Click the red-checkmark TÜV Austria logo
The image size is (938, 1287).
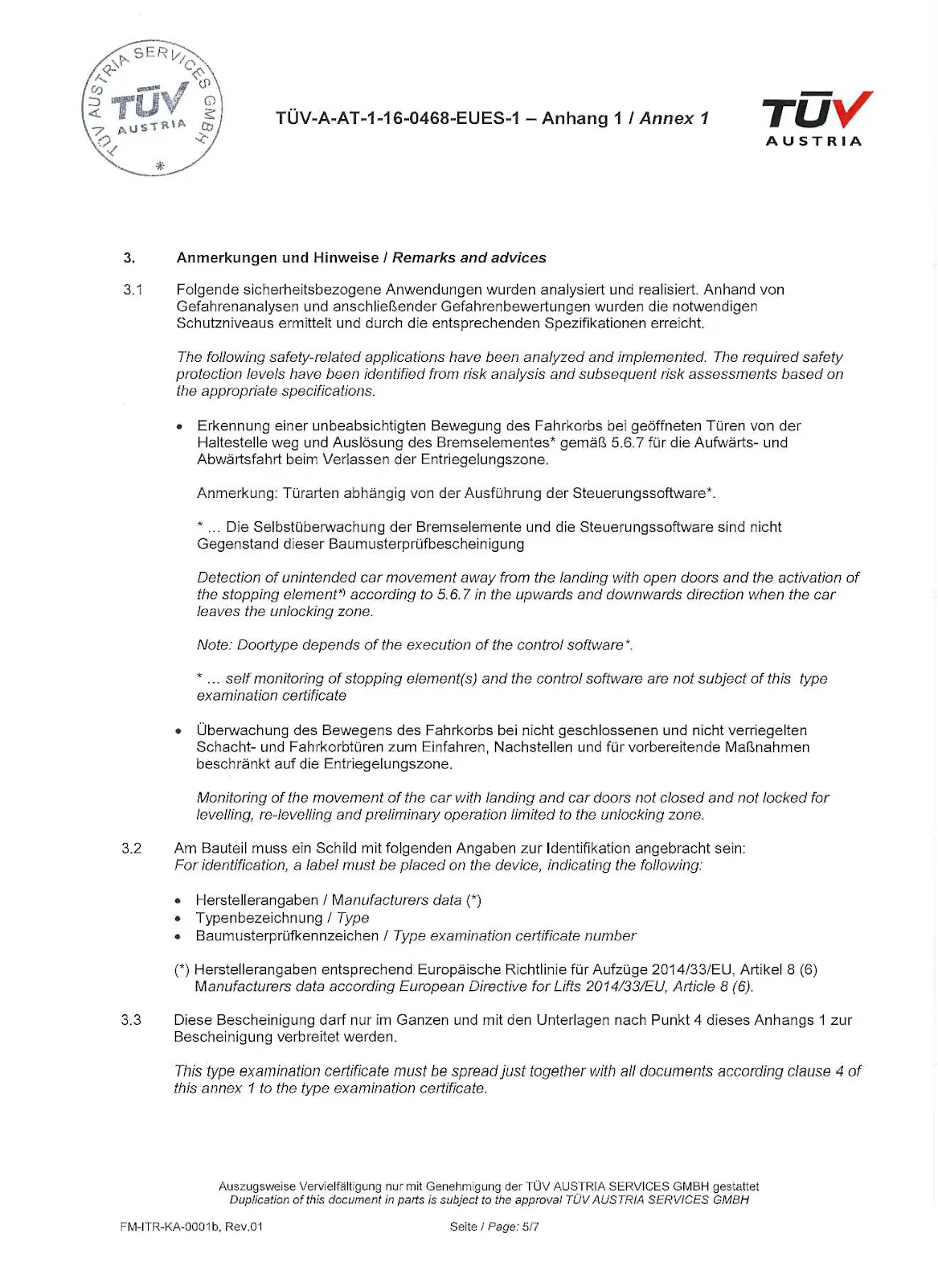(816, 118)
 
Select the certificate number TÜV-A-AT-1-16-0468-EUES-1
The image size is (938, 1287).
(398, 119)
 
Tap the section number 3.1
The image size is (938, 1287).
(133, 290)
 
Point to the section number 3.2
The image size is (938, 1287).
(131, 849)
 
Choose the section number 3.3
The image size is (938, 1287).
(131, 1020)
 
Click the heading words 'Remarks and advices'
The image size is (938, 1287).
(469, 258)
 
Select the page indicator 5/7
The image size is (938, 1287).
(530, 1227)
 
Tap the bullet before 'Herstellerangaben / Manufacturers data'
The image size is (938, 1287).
(179, 902)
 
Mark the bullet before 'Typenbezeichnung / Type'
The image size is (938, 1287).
(179, 919)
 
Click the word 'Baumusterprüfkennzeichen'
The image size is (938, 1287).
(287, 936)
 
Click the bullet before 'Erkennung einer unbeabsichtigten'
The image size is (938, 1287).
(180, 427)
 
